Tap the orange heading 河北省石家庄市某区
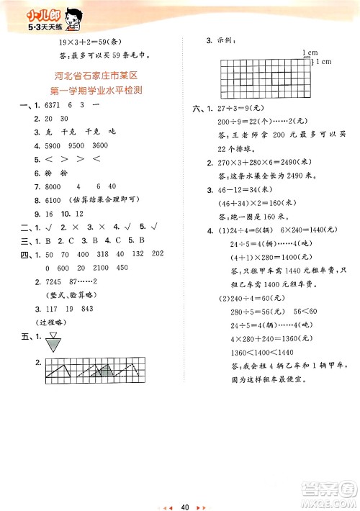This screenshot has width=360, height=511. pos(98,76)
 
